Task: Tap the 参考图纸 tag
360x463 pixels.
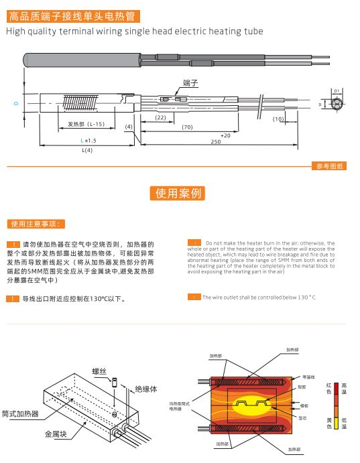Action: tap(328, 166)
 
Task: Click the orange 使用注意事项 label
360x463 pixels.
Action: tap(36, 223)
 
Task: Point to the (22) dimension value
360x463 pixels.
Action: tap(160, 117)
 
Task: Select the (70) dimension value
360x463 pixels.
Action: tap(187, 127)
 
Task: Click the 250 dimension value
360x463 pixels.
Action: tap(215, 142)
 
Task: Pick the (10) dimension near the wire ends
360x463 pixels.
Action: tap(278, 119)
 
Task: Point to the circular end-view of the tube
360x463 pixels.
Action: tap(338, 105)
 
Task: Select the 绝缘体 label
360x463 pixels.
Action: tap(146, 389)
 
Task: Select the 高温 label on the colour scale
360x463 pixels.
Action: tap(345, 389)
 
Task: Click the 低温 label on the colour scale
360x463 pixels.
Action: tap(345, 423)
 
